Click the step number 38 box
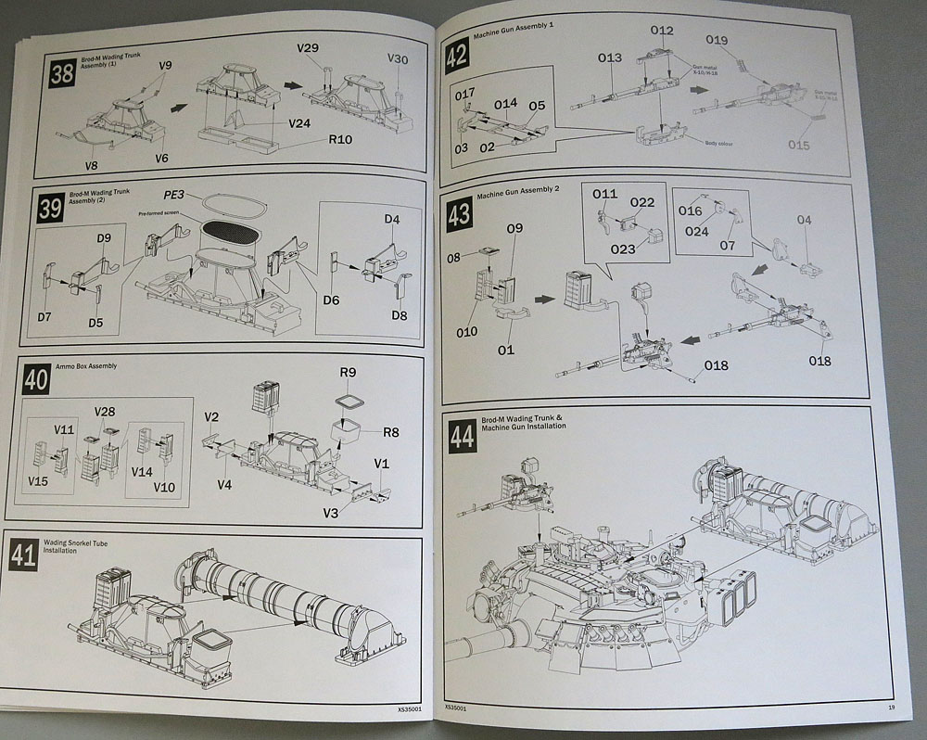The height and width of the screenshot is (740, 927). pyautogui.click(x=62, y=74)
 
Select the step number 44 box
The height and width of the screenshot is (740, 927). pyautogui.click(x=463, y=436)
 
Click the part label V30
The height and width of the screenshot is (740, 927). pyautogui.click(x=397, y=58)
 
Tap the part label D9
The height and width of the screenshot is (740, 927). pyautogui.click(x=104, y=239)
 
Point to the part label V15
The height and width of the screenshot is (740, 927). pyautogui.click(x=38, y=481)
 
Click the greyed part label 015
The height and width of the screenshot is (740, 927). pyautogui.click(x=798, y=145)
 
